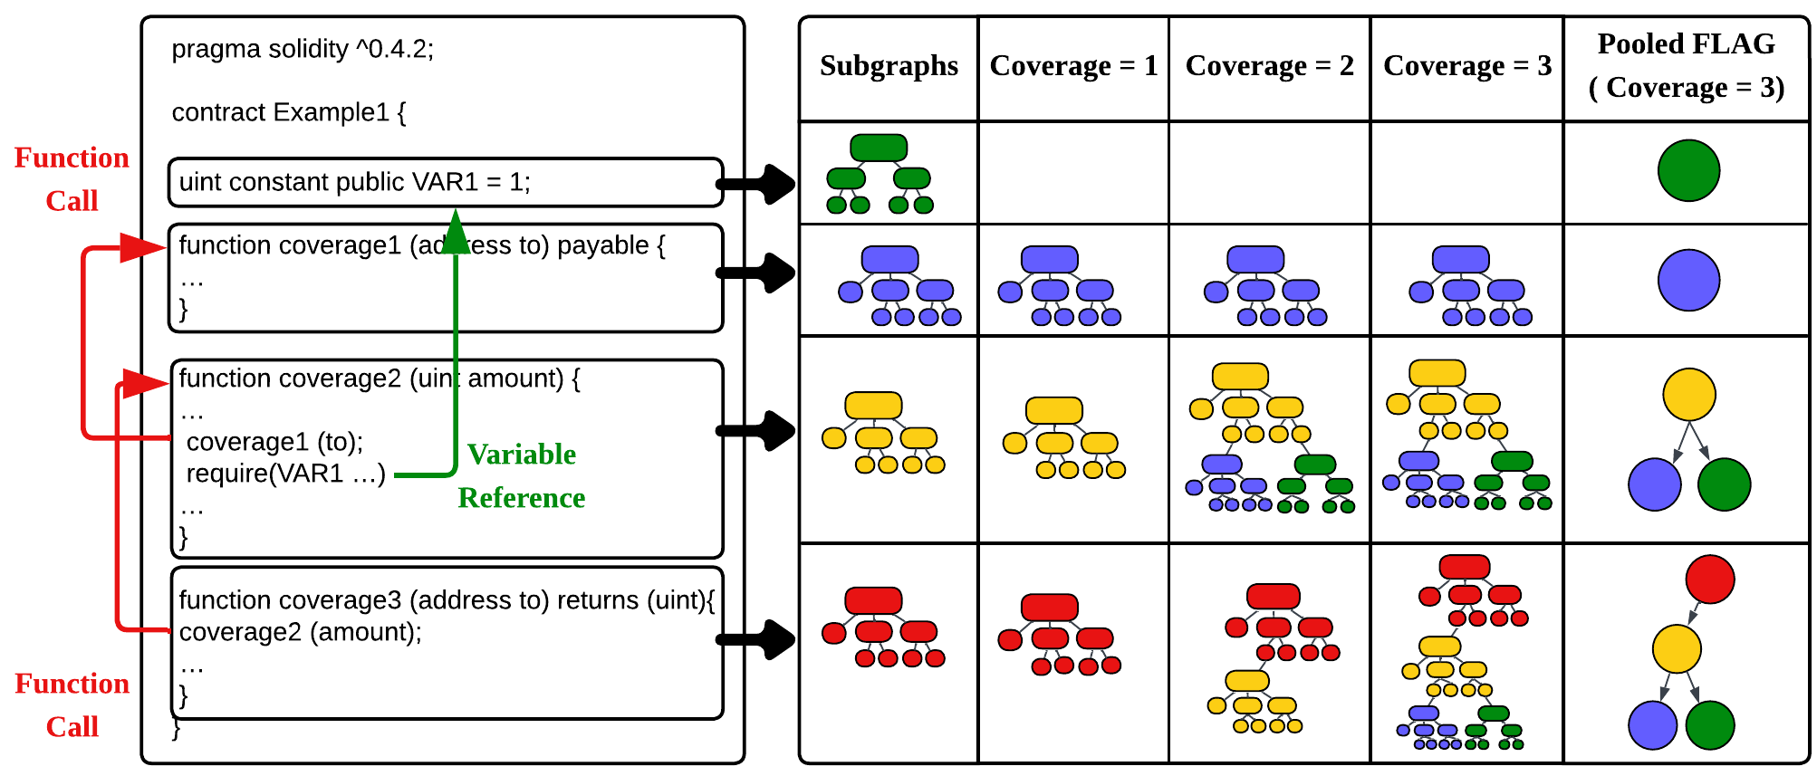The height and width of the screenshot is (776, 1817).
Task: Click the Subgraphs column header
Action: [x=889, y=66]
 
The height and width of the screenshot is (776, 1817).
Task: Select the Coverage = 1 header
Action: [x=1073, y=66]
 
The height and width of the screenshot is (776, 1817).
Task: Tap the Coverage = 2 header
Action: [x=1269, y=66]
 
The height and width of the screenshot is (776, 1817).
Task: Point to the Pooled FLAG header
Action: [x=1686, y=65]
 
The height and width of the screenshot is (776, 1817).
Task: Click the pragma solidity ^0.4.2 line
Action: [x=303, y=49]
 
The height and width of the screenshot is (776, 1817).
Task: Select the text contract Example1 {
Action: [x=289, y=112]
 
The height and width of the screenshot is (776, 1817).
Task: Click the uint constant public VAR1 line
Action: [x=354, y=182]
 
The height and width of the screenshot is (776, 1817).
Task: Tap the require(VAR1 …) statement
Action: [x=285, y=474]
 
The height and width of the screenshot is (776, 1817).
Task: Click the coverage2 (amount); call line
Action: [x=300, y=632]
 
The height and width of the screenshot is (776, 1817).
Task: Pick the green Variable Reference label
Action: [x=522, y=475]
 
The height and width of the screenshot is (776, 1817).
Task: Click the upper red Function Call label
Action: [x=72, y=179]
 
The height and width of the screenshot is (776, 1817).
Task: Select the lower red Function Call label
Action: [x=72, y=705]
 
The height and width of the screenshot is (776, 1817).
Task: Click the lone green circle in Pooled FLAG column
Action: [x=1688, y=170]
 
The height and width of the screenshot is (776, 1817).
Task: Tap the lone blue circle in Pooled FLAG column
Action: [x=1688, y=281]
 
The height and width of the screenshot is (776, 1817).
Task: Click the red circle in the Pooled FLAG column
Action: [x=1709, y=580]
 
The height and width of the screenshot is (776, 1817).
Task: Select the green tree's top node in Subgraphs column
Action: [x=879, y=148]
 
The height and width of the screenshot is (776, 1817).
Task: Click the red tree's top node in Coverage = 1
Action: [x=1049, y=607]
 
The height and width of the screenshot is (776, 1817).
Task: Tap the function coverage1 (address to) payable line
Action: [x=421, y=246]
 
